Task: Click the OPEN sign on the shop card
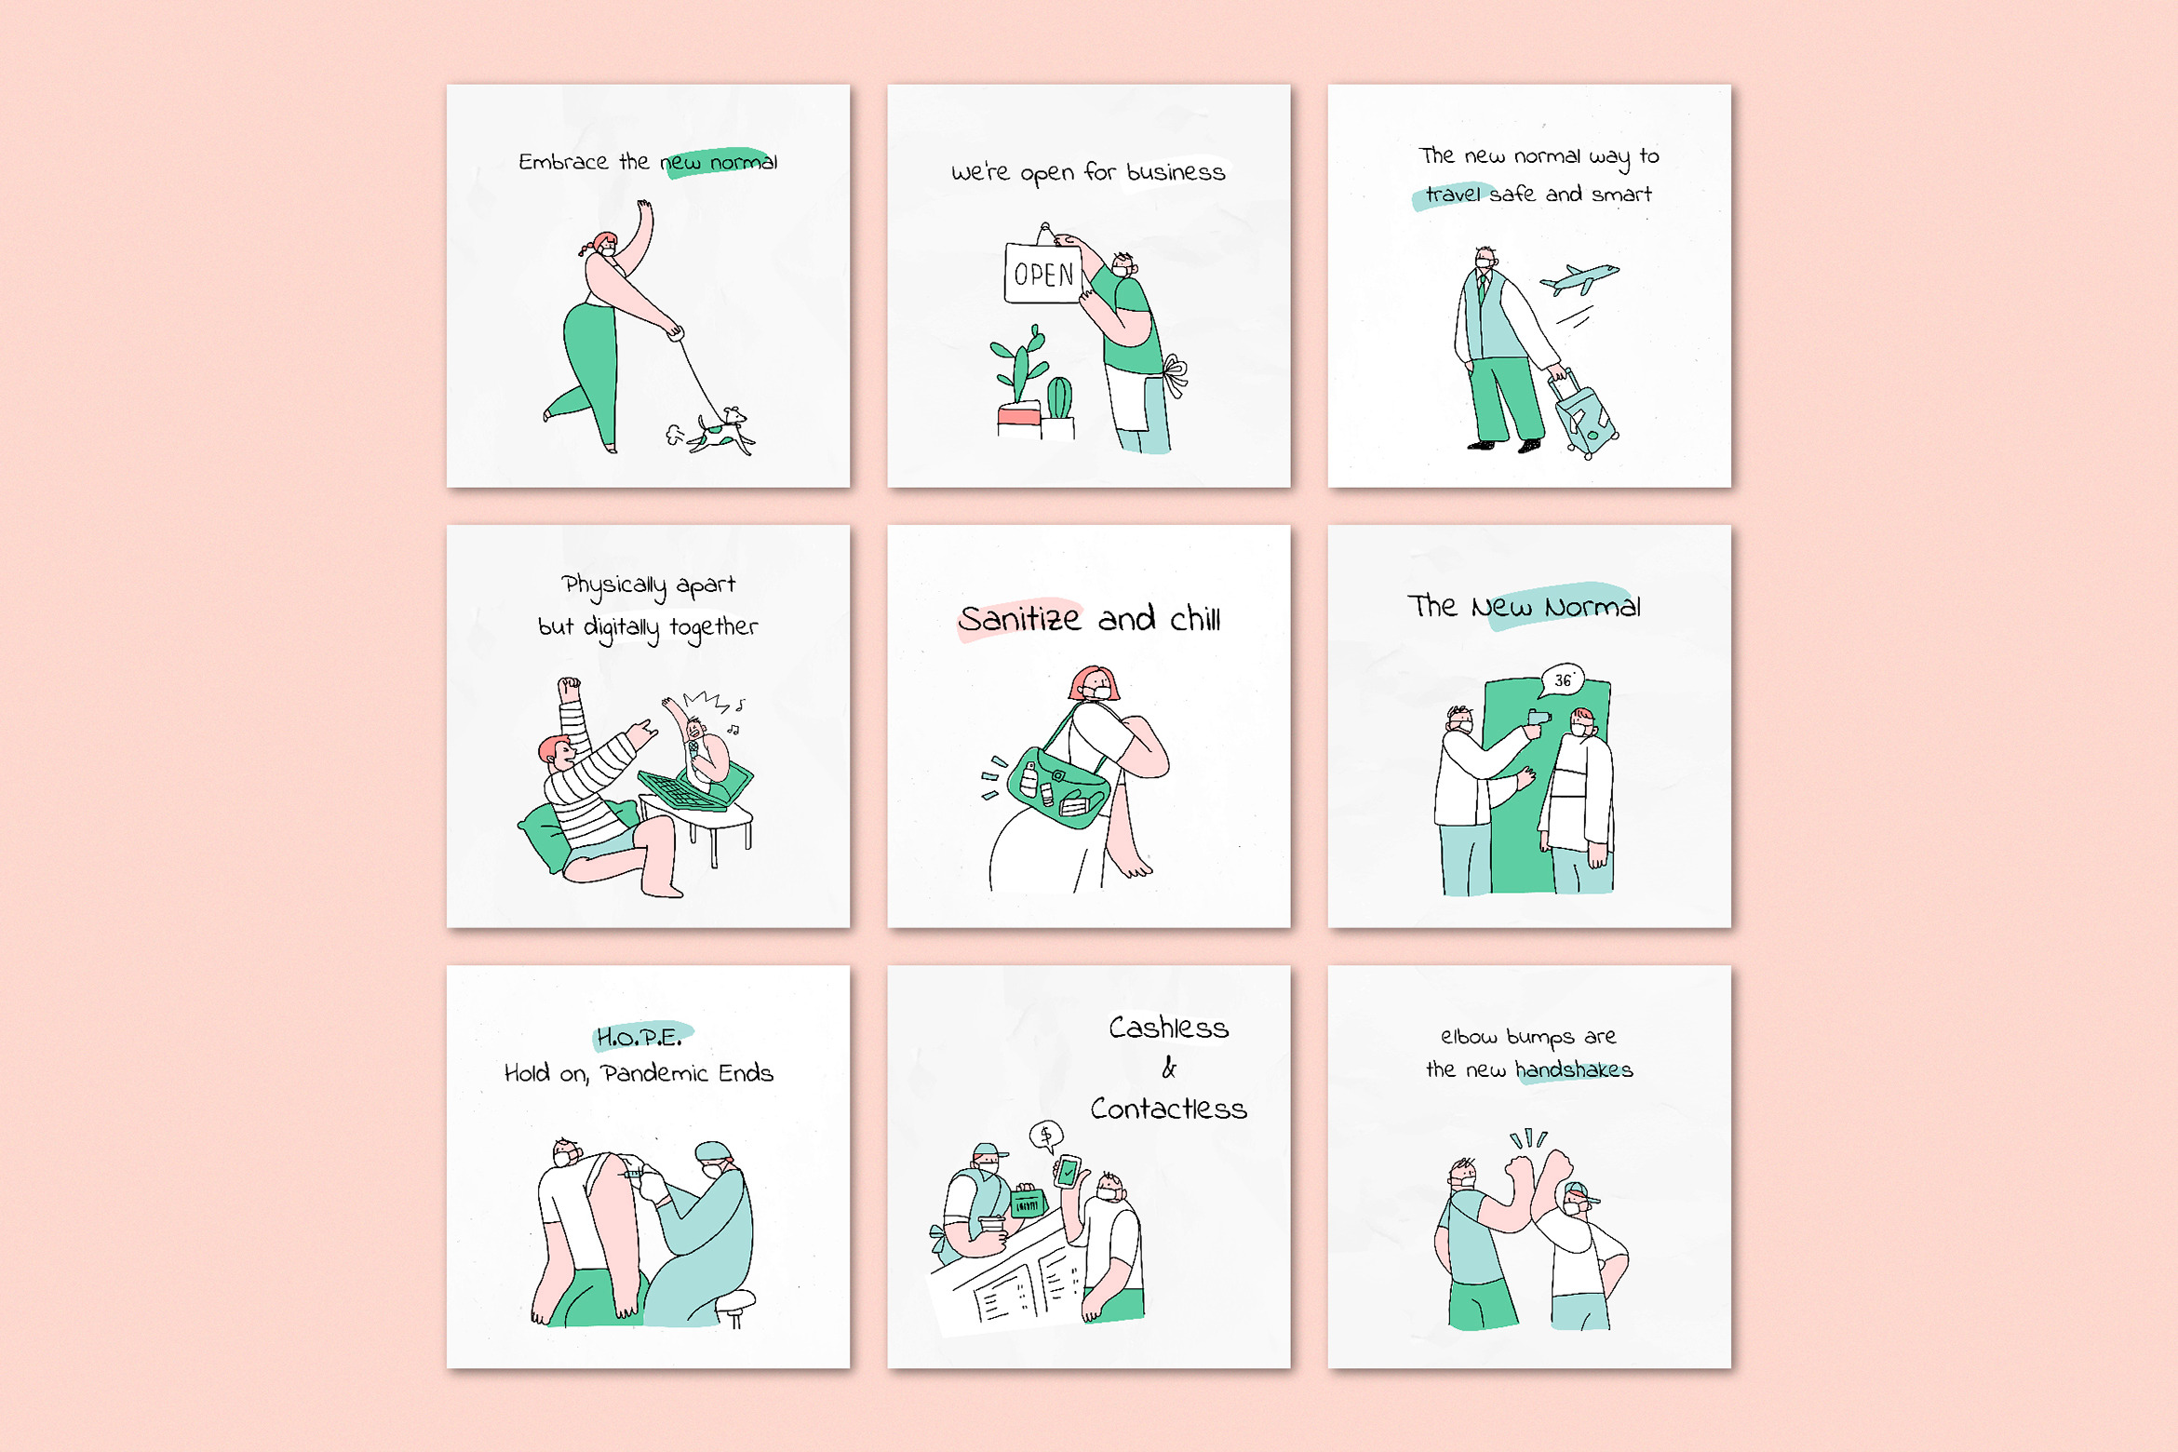pos(1043,273)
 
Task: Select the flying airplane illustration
pos(1580,278)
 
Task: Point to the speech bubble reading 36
pos(1563,680)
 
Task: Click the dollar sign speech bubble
pos(1046,1136)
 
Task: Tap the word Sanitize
pos(1020,619)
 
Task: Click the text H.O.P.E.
pos(639,1037)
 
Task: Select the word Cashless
pos(1169,1028)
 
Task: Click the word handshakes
pos(1574,1069)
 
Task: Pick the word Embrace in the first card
pos(563,162)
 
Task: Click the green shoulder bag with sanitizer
pos(1058,784)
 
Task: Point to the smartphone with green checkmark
pos(1068,1170)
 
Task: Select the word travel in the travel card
pos(1453,195)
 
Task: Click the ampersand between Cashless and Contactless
pos(1169,1069)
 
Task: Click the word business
pos(1176,172)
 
